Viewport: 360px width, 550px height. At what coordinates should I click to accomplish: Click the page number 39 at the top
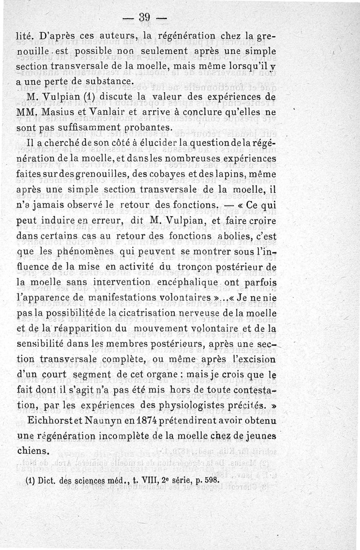click(x=145, y=18)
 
